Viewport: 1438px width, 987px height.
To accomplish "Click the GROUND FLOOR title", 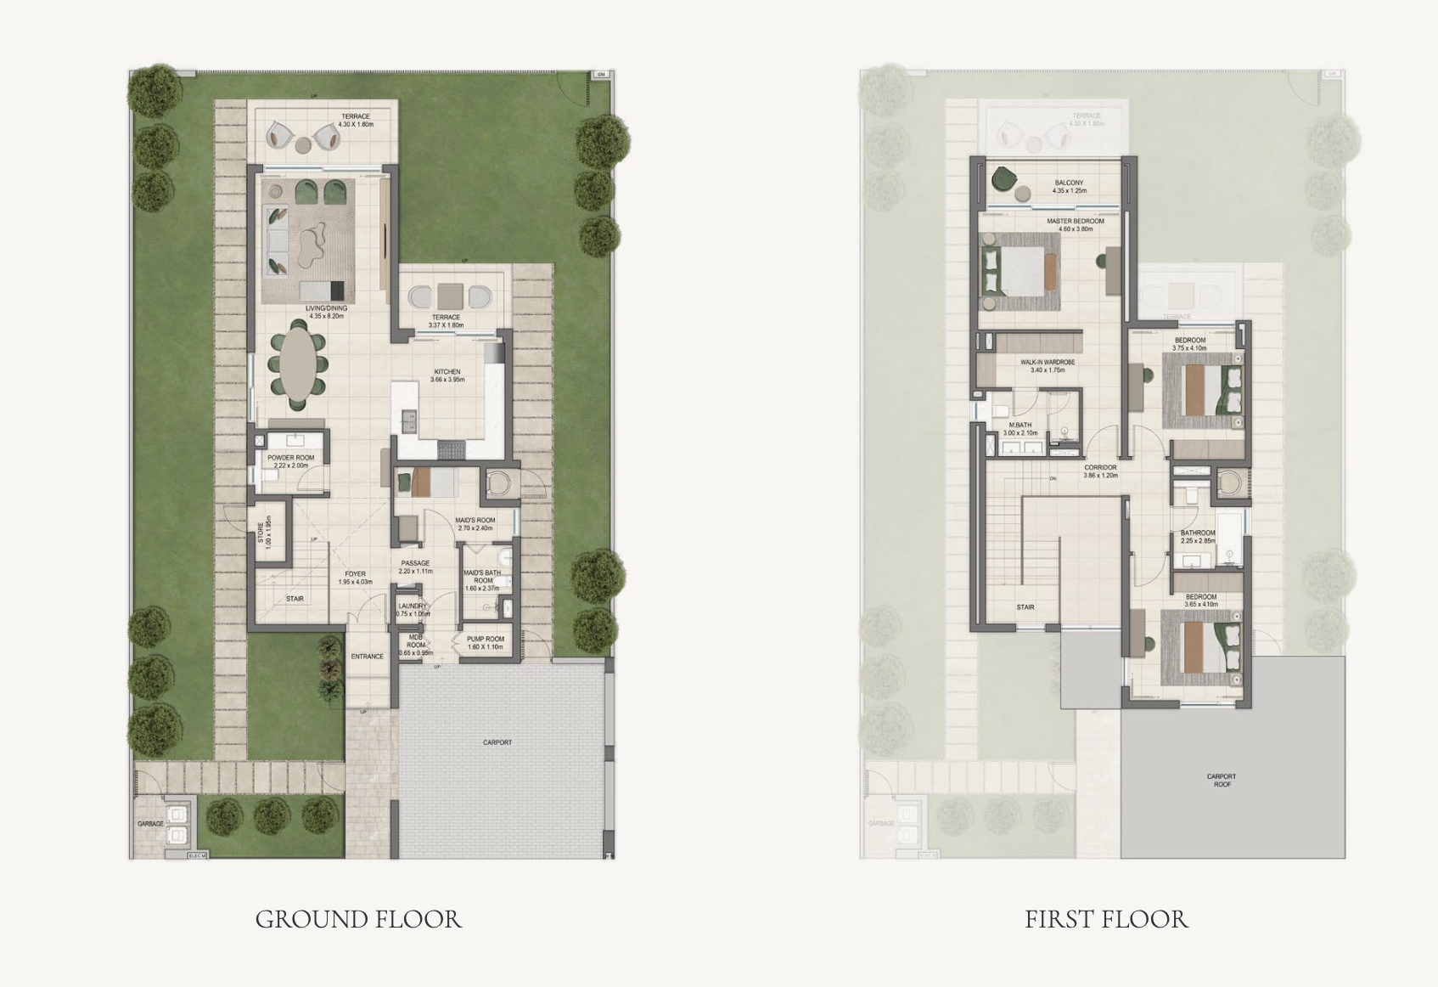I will (358, 919).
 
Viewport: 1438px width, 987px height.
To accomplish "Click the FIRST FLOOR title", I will (1106, 919).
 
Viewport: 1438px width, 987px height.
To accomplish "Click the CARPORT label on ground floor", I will (497, 742).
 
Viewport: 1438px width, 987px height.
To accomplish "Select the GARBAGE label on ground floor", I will (150, 824).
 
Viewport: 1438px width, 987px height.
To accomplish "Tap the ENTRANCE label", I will (368, 657).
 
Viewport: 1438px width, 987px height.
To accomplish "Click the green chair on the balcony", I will (1005, 179).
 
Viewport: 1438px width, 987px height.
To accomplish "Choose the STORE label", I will (261, 532).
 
